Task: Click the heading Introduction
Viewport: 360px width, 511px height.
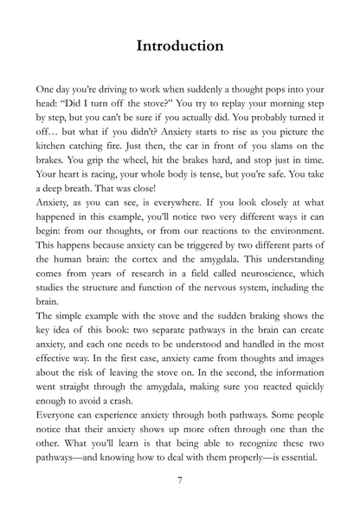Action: tap(180, 44)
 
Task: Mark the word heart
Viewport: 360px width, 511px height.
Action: tap(72, 173)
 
